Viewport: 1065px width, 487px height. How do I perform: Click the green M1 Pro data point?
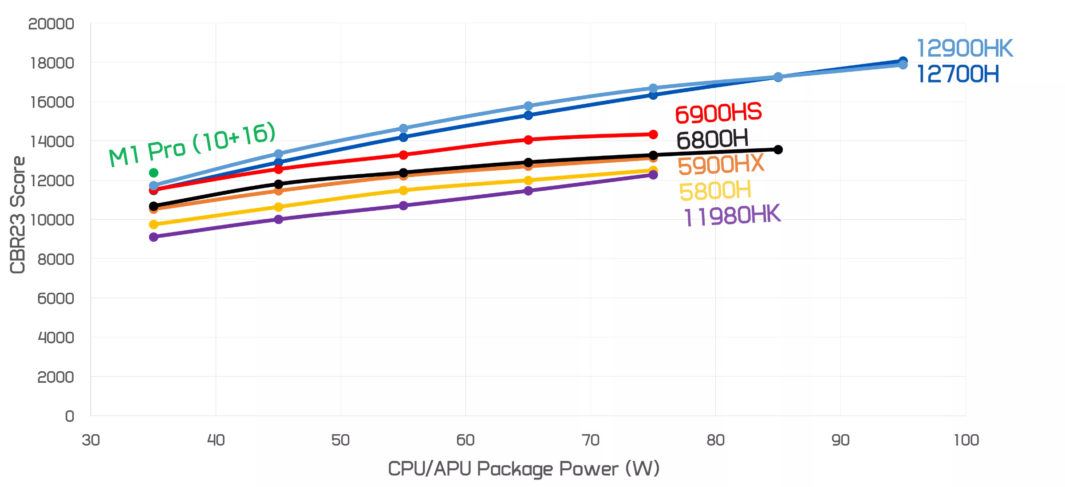[x=154, y=173]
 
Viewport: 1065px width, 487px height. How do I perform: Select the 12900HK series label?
[x=964, y=48]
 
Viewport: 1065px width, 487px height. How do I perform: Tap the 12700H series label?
[x=958, y=74]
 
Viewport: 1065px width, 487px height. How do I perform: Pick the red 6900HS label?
[x=718, y=114]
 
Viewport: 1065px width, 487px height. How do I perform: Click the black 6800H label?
[x=712, y=140]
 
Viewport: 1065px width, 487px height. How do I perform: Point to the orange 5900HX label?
[x=721, y=165]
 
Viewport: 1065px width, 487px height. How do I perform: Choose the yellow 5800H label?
[x=715, y=191]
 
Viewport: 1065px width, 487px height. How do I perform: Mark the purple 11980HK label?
[x=732, y=216]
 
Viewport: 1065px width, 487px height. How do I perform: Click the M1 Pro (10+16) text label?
[x=192, y=145]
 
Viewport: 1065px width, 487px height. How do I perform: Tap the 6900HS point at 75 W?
[x=653, y=134]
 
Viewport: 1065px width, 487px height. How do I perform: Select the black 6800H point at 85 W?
[x=778, y=149]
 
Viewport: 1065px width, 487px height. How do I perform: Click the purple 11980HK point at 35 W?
[x=154, y=237]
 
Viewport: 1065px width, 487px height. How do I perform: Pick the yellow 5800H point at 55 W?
[x=403, y=190]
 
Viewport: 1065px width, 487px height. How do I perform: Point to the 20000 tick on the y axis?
[x=51, y=24]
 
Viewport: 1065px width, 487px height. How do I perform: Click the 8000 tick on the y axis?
[x=55, y=259]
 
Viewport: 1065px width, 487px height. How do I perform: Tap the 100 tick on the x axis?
[x=966, y=440]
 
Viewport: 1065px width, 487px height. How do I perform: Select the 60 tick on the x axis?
[x=465, y=440]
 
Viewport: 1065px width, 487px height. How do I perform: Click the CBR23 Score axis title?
[x=18, y=215]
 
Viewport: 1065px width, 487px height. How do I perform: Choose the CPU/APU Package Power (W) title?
[x=524, y=469]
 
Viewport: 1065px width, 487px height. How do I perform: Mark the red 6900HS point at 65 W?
[x=528, y=140]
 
